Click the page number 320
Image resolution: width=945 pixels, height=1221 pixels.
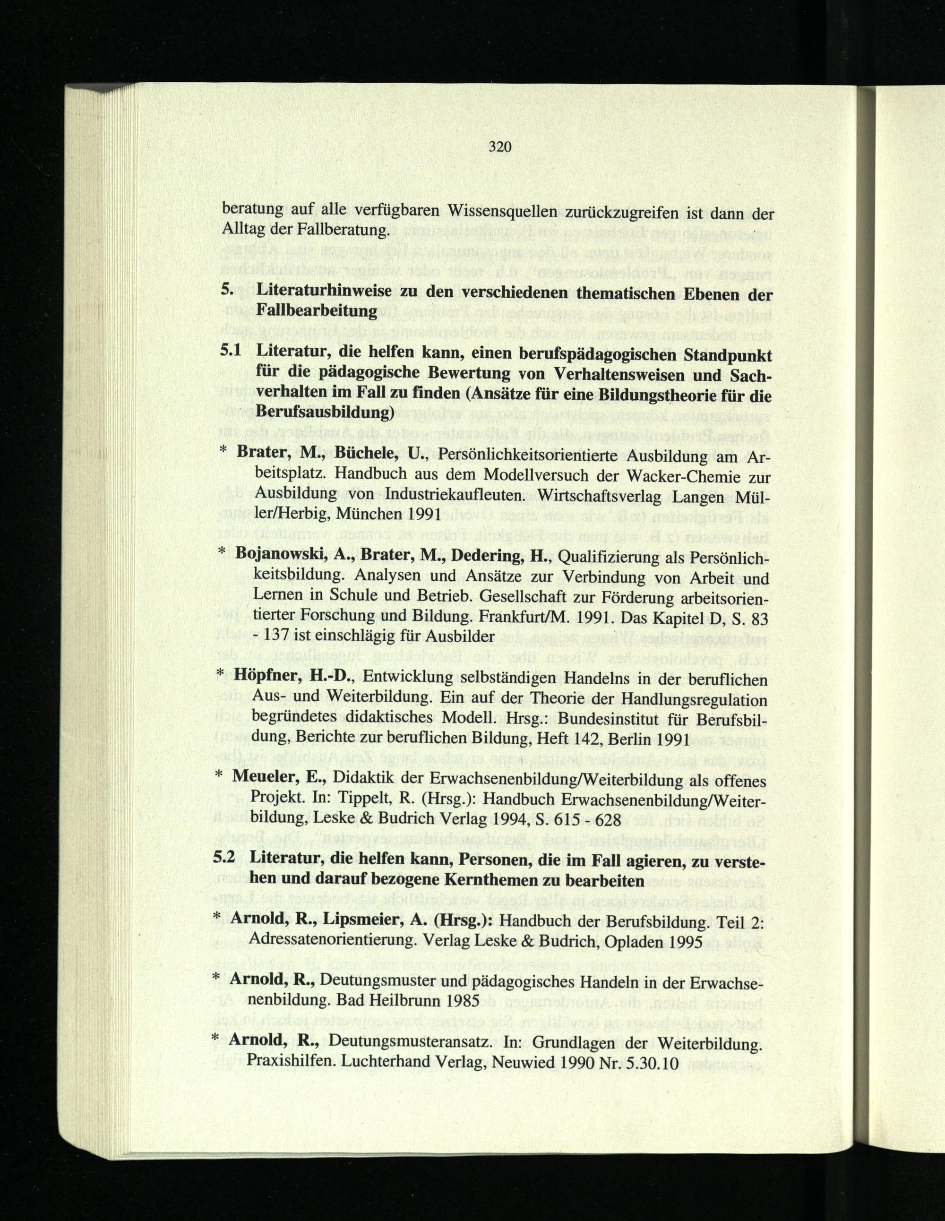coord(500,147)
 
